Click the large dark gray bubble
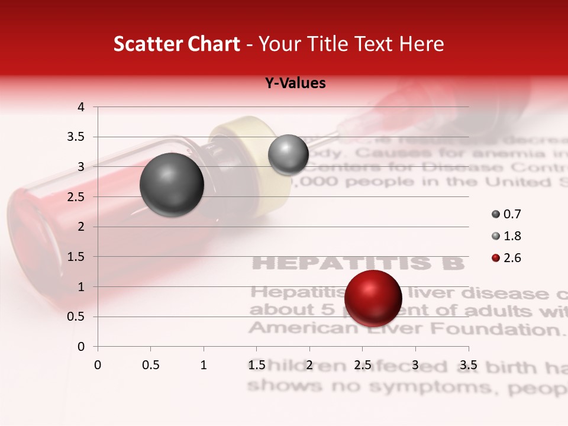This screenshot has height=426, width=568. coord(172,185)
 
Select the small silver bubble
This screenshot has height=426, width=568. coord(288,154)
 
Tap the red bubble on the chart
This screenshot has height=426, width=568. coord(373,298)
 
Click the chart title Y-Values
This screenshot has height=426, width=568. coord(295,83)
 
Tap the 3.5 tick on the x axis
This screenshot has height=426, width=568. coord(469,365)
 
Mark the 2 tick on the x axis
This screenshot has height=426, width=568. coord(309,365)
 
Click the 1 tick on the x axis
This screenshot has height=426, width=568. coord(204,365)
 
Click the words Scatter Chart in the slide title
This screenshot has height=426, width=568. coord(176,44)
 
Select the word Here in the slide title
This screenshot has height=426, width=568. coord(421,44)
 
